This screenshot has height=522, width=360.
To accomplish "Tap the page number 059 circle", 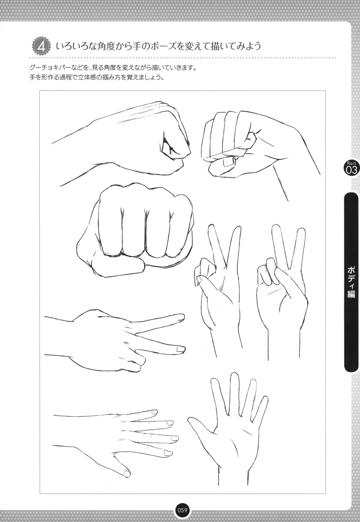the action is (182, 510).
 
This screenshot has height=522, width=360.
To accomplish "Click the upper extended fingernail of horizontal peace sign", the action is (180, 317).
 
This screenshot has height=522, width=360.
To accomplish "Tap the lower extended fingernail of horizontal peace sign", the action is (180, 349).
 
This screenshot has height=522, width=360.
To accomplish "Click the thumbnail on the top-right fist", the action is (229, 161).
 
